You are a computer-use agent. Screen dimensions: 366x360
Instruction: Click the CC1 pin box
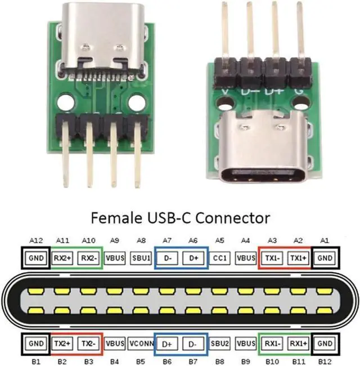(219, 258)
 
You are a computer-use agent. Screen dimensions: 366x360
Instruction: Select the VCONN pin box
(141, 343)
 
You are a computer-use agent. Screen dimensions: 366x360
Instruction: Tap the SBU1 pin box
(141, 258)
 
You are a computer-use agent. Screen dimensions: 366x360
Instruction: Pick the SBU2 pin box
(219, 343)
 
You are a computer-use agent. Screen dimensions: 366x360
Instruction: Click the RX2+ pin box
(63, 258)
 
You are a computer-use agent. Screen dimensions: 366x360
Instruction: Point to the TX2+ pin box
(63, 343)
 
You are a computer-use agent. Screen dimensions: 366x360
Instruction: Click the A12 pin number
(37, 240)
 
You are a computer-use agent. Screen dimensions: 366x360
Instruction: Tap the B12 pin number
(325, 360)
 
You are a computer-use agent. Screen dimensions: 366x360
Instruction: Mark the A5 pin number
(219, 240)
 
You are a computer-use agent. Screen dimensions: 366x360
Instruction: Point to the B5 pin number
(141, 360)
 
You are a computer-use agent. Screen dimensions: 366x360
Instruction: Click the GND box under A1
(325, 258)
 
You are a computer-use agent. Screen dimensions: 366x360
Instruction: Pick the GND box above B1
(37, 343)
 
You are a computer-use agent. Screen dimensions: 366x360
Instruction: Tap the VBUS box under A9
(115, 258)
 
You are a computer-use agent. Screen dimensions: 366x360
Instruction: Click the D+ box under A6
(193, 258)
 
